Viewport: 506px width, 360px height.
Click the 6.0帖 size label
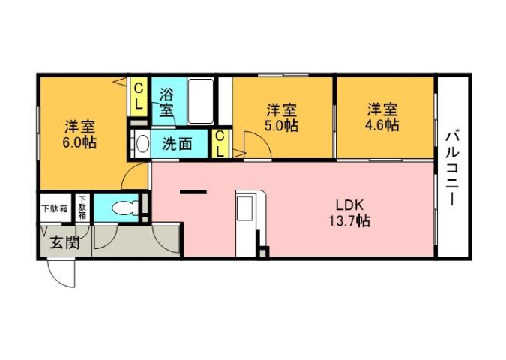tap(79, 141)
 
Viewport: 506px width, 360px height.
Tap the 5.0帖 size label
tap(282, 125)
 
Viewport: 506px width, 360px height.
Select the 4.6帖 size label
tap(382, 125)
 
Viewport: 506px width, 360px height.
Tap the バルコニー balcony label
tap(452, 169)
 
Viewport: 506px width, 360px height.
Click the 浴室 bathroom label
tap(166, 103)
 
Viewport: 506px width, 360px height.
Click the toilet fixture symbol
tap(120, 205)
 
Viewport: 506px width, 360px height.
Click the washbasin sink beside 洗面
tap(141, 143)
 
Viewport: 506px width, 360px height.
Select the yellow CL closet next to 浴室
tap(139, 97)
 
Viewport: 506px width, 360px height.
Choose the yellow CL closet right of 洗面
tap(220, 143)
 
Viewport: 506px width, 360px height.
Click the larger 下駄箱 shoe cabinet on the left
tap(54, 208)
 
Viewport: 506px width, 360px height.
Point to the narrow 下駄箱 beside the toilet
tap(82, 208)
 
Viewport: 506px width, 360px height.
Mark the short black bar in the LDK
tap(193, 193)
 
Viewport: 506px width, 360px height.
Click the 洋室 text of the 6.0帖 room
tap(79, 125)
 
